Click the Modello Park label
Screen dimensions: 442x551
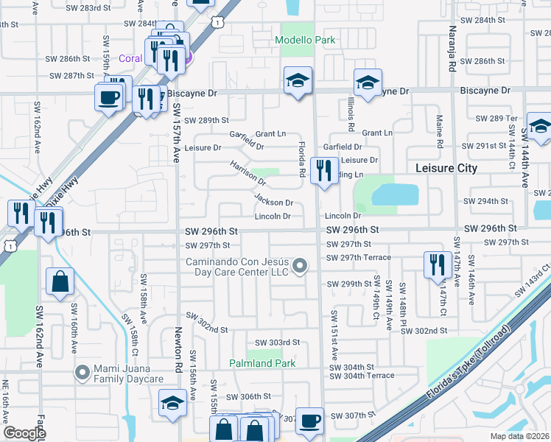coord(304,41)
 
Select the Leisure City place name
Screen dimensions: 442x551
coord(446,168)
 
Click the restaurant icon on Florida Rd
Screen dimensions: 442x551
coord(324,171)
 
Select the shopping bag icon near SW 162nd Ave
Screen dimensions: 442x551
coord(60,281)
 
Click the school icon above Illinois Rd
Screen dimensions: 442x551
coord(368,83)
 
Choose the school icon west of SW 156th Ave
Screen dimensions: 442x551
coord(172,403)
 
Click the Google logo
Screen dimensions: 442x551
coord(25,433)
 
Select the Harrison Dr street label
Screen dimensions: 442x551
coord(248,173)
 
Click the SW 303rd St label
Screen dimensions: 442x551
coord(278,343)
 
